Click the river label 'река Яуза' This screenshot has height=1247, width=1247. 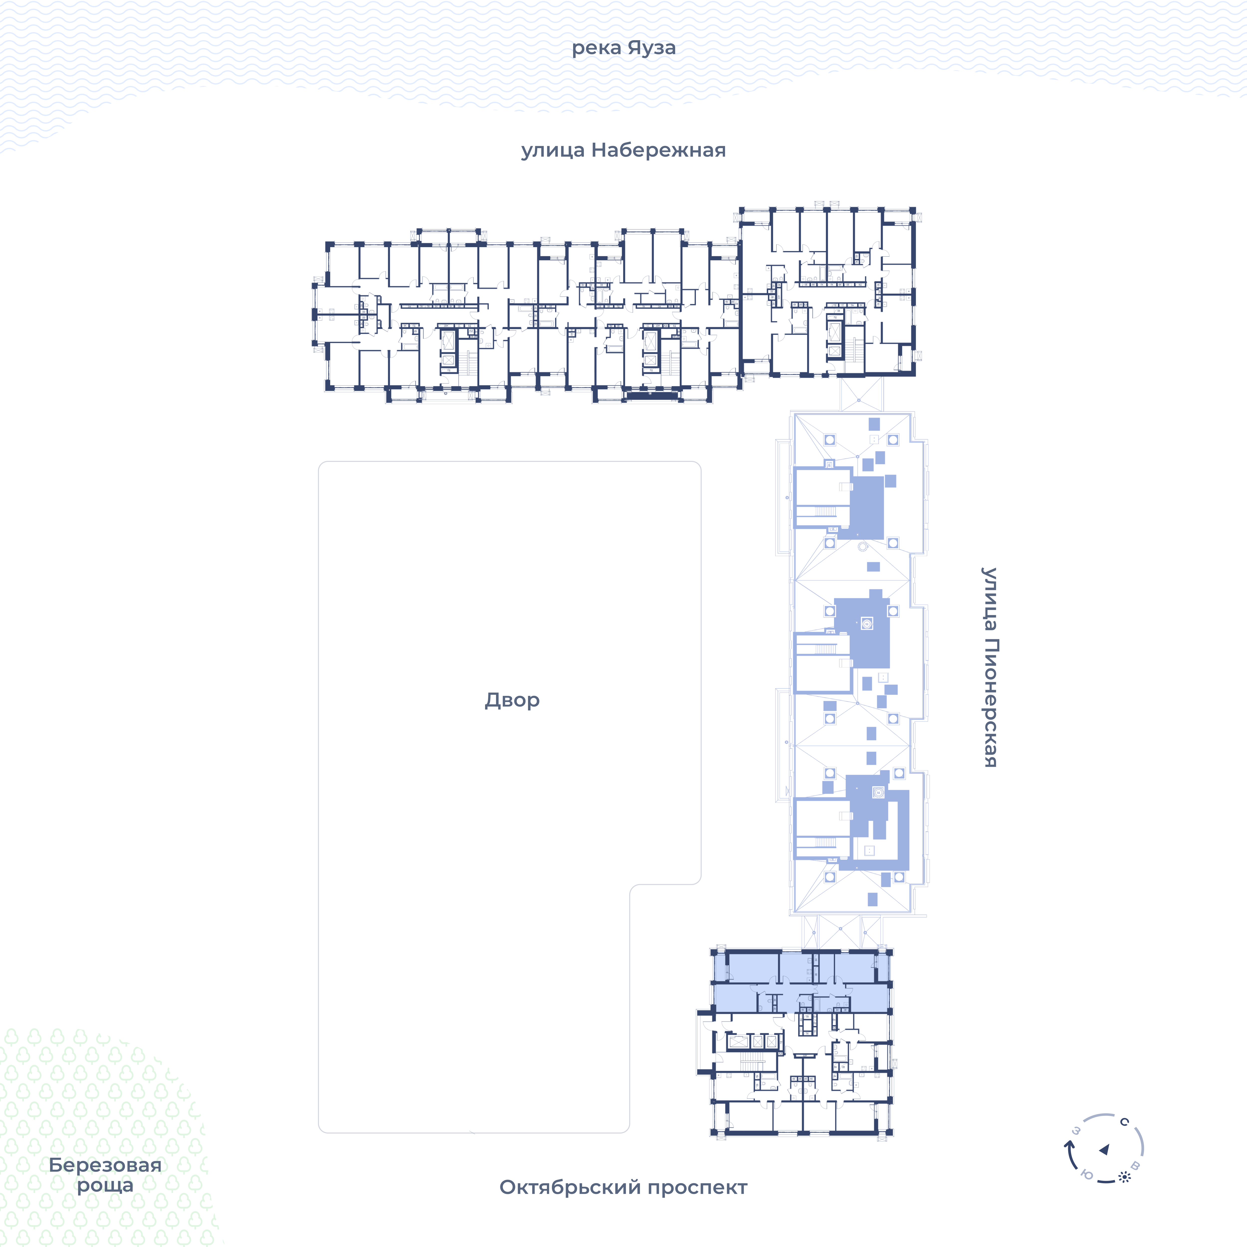623,48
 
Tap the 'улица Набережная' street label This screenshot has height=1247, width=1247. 623,150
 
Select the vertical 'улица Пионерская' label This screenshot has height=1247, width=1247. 989,667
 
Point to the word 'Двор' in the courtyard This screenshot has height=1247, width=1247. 512,700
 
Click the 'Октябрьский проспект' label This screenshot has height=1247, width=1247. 623,1187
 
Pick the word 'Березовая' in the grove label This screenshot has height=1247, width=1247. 105,1165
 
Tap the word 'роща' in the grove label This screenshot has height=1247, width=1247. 105,1186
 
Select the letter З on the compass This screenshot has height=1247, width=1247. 1076,1131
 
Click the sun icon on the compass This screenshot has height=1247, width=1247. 1124,1177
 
